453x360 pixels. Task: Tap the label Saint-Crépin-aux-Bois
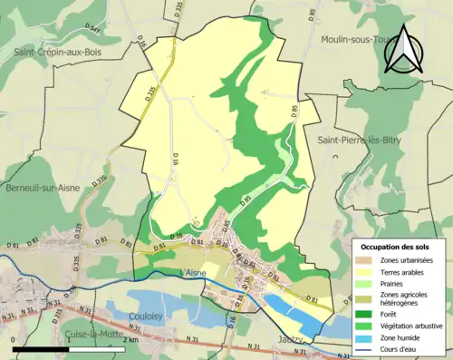(57, 54)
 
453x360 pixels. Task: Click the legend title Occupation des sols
(399, 247)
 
